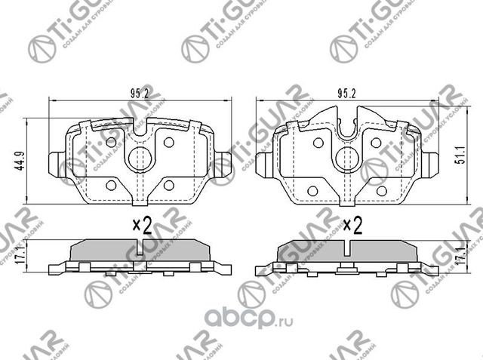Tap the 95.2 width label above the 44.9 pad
pos(137,95)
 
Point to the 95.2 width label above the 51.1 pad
pos(346,95)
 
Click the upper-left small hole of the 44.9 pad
pos(112,141)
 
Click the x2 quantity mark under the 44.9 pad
pos(143,224)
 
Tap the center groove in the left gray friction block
pos(139,248)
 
